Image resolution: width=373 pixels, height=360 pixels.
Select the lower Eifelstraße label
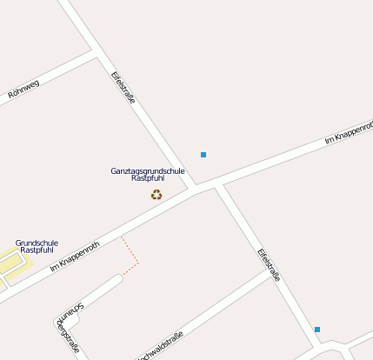270,265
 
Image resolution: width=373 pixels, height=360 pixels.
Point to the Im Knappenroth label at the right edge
348,133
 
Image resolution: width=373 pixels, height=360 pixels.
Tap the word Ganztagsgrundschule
148,170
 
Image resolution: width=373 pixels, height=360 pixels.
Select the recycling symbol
157,195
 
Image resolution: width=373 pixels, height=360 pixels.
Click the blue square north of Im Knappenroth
203,155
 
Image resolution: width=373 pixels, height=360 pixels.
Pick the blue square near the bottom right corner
317,330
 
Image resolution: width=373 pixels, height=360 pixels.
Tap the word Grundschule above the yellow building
37,243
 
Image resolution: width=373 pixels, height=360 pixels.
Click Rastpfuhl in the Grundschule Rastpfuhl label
37,250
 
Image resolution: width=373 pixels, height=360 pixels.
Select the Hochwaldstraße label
160,345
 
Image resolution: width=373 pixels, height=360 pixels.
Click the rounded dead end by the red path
117,280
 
